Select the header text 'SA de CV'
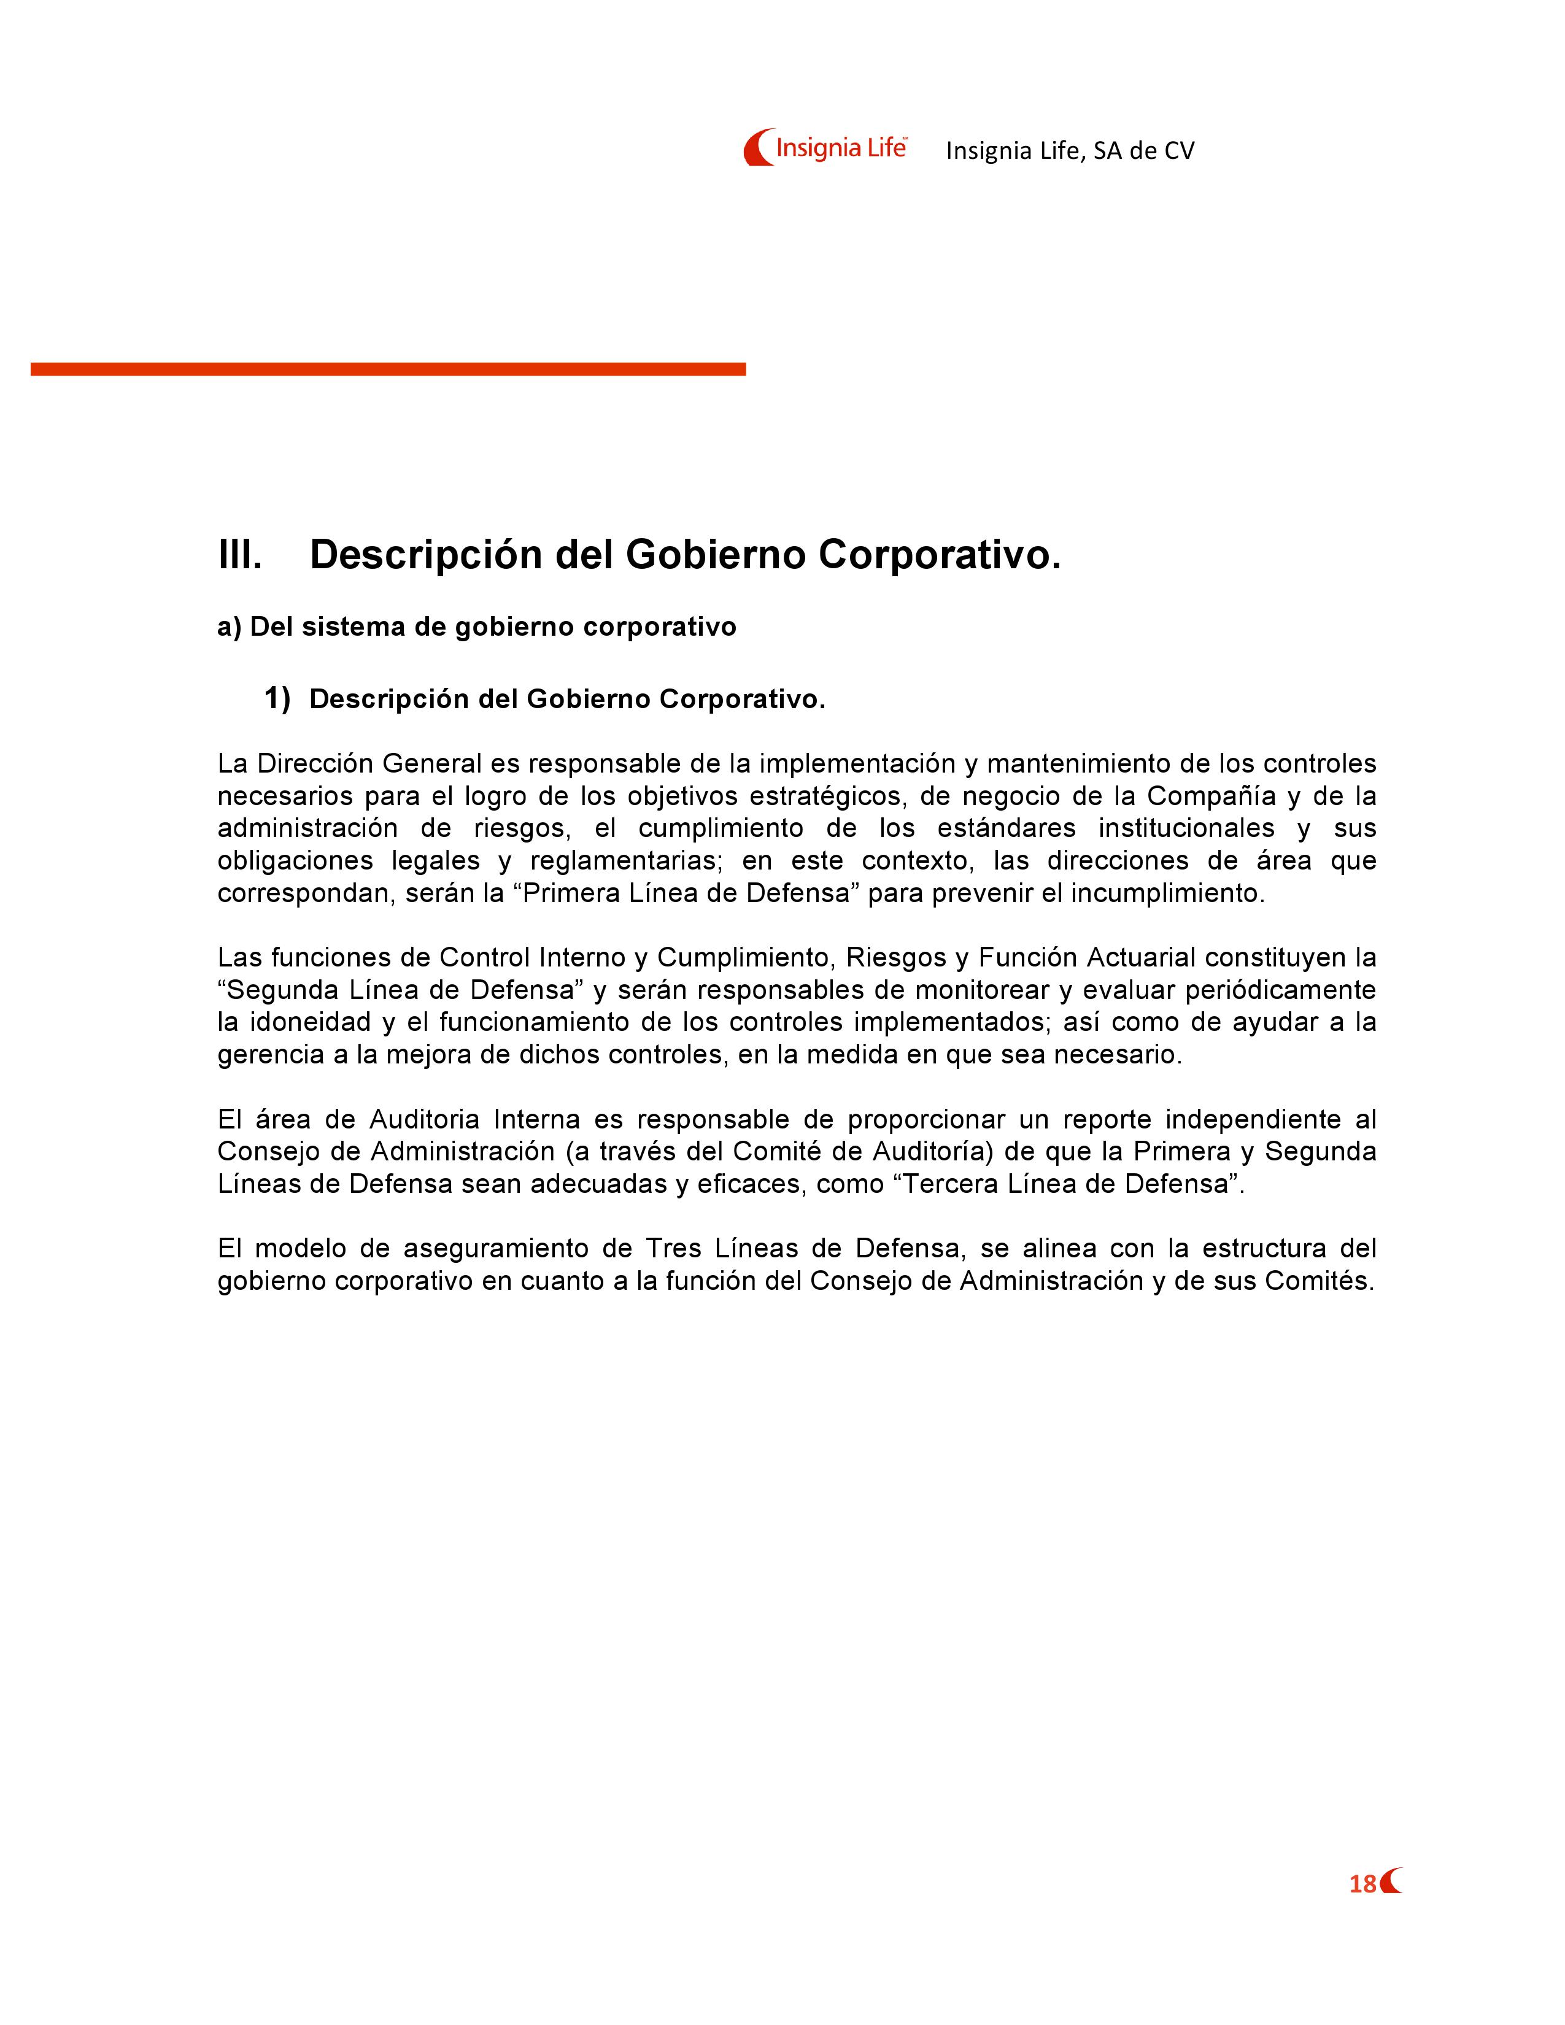[1143, 151]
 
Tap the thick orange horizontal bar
[387, 369]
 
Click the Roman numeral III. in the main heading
[240, 555]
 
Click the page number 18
[1362, 1884]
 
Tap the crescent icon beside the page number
[1391, 1881]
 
